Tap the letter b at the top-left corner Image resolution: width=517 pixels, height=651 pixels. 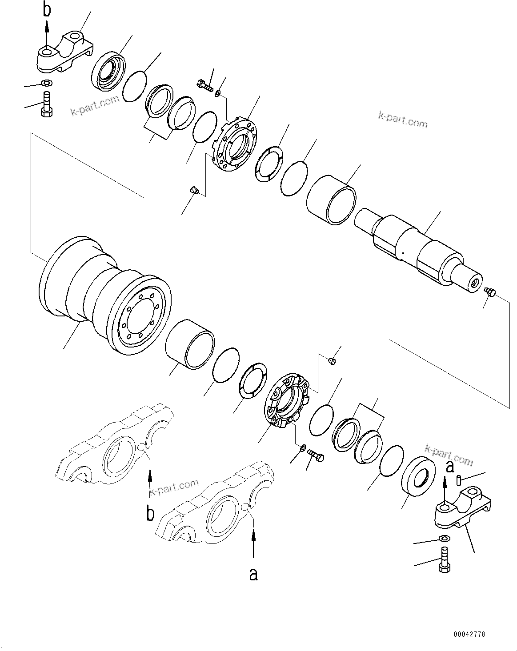47,10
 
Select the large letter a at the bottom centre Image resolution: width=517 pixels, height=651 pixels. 253,574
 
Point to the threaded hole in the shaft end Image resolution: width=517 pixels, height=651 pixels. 474,283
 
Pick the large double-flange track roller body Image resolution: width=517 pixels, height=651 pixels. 104,302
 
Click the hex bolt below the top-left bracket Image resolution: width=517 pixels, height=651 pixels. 47,105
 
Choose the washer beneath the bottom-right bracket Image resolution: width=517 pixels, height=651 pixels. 444,539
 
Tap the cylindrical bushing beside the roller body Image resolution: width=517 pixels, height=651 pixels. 190,343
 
